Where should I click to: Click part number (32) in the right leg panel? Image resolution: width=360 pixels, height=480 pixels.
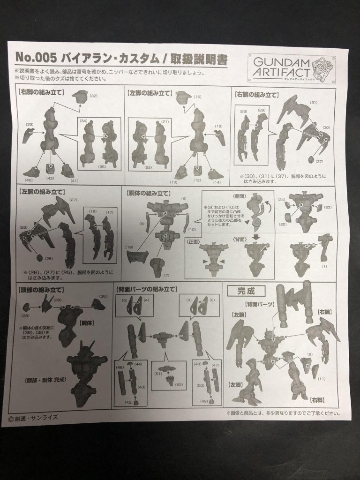93,96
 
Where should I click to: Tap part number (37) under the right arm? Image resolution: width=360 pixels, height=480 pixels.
319,162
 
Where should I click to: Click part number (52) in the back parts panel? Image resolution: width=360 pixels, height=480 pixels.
179,384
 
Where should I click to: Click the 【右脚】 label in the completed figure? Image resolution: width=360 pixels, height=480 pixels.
318,399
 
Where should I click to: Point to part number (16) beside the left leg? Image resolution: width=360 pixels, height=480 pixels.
218,127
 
